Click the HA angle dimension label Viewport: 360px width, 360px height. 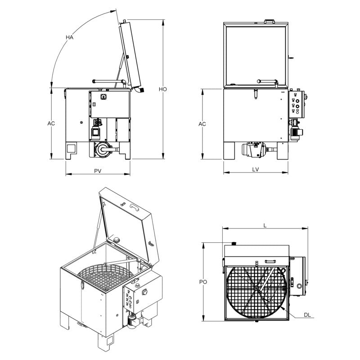(x=69, y=37)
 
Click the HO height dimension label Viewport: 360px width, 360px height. (x=163, y=89)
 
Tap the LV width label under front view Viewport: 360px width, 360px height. (x=256, y=170)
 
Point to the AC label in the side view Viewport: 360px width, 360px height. (x=51, y=123)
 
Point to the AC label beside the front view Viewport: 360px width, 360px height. (x=202, y=123)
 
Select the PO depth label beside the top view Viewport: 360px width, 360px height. (x=203, y=282)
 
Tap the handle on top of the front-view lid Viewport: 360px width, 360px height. (x=269, y=21)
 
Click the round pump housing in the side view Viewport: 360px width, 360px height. (x=103, y=150)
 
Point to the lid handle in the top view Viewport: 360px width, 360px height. (x=270, y=261)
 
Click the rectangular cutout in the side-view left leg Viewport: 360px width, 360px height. (x=72, y=148)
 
